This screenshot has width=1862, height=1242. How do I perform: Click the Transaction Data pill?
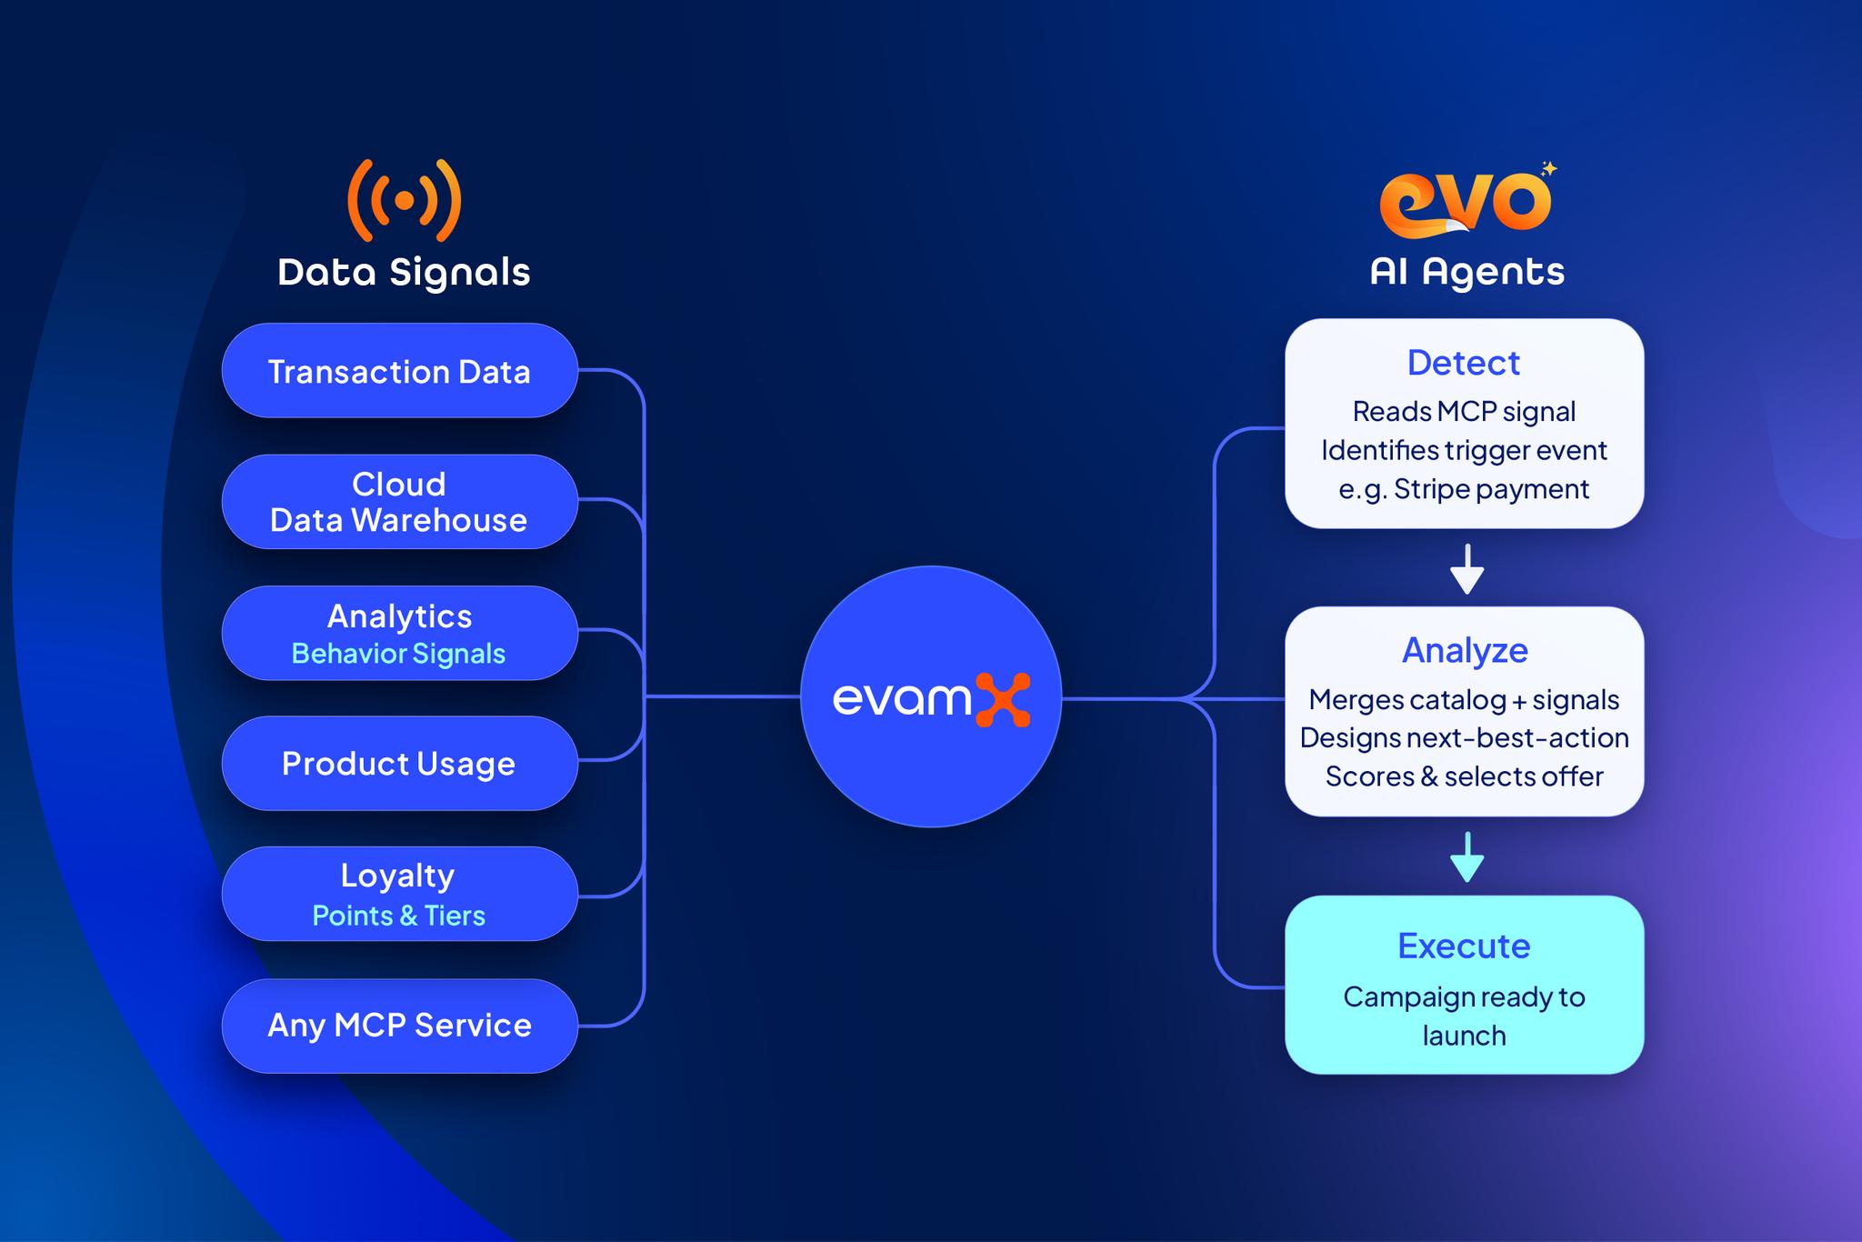[399, 371]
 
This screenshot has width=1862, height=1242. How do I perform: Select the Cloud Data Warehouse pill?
[399, 502]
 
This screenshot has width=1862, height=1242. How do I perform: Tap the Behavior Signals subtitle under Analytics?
[398, 654]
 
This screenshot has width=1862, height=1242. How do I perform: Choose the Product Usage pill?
[399, 764]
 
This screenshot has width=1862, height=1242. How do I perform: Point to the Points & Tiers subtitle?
[398, 916]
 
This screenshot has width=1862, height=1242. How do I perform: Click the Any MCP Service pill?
[399, 1026]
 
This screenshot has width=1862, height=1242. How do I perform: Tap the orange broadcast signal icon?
[405, 200]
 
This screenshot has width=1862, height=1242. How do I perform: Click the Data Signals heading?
[404, 273]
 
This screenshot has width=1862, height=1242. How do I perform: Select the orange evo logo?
[1464, 202]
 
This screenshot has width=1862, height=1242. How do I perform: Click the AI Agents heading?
[1467, 272]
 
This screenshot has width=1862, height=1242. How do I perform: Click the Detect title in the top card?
[1463, 363]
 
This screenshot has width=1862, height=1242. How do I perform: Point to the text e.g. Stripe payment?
[1463, 489]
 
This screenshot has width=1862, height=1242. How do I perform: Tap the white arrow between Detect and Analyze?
[1467, 569]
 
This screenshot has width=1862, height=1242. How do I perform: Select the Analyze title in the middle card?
[1465, 650]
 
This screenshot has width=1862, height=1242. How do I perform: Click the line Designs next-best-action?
[1464, 737]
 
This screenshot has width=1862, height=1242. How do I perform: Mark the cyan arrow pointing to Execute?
[1467, 856]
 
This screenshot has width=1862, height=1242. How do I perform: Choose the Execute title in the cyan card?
[1464, 947]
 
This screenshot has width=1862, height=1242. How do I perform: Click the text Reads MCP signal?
[1464, 412]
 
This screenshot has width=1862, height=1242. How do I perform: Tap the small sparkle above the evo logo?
[1549, 168]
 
